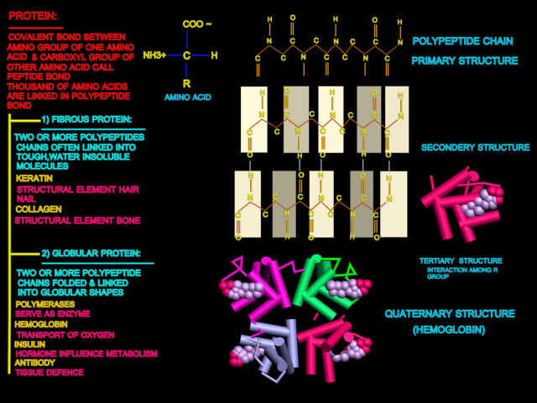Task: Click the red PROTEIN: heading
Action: point(34,15)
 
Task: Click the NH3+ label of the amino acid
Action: point(154,55)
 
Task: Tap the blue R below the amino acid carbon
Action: point(186,84)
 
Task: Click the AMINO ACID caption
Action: point(187,97)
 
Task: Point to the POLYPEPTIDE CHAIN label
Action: point(464,40)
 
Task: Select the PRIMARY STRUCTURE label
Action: point(464,60)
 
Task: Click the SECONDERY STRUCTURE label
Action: point(476,147)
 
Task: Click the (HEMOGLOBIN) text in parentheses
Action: point(449,330)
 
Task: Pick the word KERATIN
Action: point(32,178)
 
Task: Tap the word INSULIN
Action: point(30,344)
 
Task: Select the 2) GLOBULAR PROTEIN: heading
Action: point(90,253)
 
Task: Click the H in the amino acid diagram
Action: point(215,55)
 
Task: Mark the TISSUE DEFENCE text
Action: point(50,372)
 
